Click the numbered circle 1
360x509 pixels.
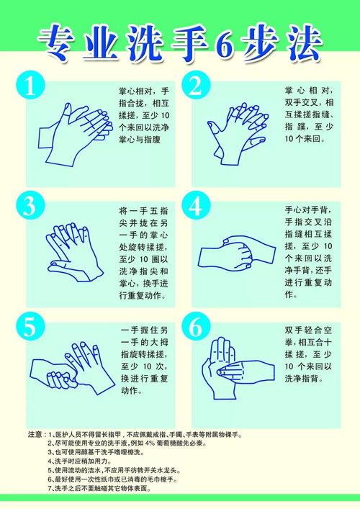click(x=30, y=85)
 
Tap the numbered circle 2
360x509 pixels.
click(x=196, y=85)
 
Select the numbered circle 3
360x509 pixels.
click(x=30, y=205)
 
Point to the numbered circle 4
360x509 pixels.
click(x=196, y=205)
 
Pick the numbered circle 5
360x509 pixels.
click(x=30, y=326)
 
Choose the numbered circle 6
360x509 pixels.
click(x=196, y=326)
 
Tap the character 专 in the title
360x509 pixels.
click(x=57, y=43)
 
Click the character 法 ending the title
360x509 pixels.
click(x=302, y=45)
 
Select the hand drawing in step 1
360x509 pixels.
click(x=76, y=134)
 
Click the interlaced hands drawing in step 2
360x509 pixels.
click(x=238, y=134)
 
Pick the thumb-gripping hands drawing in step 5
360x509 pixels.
click(x=73, y=368)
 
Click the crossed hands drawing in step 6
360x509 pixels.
click(x=238, y=368)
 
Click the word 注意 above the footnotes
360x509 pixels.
click(x=35, y=434)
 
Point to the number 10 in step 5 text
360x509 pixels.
click(x=148, y=366)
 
